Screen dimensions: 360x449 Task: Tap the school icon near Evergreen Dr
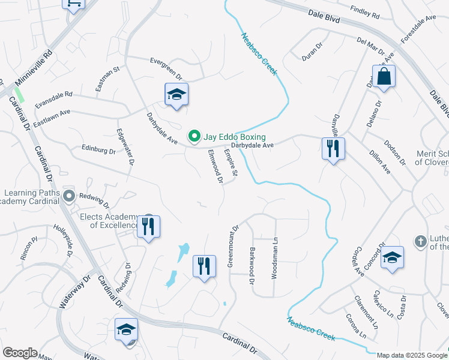coord(176,95)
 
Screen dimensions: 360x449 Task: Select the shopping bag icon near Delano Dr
coord(383,77)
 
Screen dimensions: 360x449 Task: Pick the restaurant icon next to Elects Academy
coord(148,227)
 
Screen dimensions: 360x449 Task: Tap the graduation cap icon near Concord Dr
coord(392,257)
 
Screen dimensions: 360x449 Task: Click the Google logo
coord(20,353)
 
